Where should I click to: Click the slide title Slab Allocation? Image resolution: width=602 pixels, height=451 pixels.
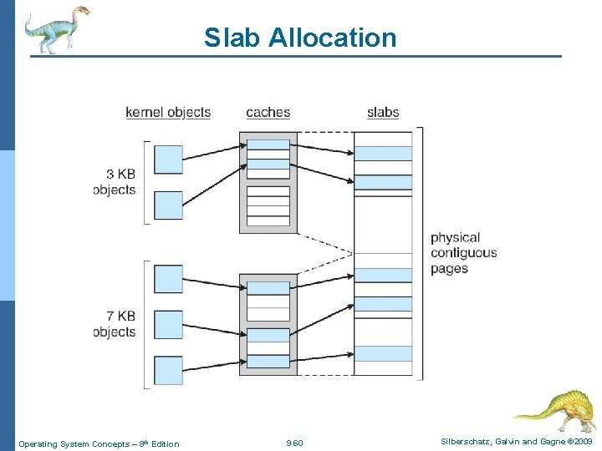(300, 38)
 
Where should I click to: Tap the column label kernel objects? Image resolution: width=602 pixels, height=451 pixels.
(168, 112)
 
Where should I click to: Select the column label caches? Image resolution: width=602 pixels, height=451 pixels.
(268, 112)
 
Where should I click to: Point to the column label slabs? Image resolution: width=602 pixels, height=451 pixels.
(383, 112)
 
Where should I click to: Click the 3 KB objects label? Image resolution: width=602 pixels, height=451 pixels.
(115, 181)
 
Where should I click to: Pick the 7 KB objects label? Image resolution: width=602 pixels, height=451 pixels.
(115, 324)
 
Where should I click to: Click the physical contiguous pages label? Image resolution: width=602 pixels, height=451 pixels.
(463, 253)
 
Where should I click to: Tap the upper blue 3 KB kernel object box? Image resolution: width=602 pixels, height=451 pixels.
(168, 160)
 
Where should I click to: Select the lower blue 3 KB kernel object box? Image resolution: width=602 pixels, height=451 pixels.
(168, 205)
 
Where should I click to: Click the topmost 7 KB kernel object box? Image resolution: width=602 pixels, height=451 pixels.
(168, 279)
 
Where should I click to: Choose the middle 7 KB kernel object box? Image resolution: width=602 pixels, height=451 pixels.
(168, 325)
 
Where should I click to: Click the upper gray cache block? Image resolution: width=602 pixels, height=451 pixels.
(268, 182)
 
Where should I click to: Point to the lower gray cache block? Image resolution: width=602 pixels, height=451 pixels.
(268, 323)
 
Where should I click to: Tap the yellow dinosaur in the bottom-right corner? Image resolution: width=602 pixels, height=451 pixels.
(557, 410)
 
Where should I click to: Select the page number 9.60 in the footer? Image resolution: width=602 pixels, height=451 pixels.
(294, 443)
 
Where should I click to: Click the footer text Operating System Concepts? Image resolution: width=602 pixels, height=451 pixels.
(99, 443)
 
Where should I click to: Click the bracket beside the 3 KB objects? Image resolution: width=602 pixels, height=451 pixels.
(147, 182)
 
